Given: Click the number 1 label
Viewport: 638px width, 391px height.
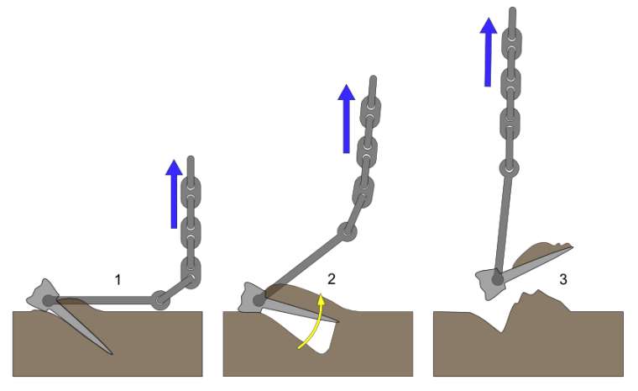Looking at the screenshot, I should pos(118,278).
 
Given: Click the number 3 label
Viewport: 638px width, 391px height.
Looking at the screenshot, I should pos(562,277).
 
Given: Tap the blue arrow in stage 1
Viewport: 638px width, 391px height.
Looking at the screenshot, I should pos(174,195).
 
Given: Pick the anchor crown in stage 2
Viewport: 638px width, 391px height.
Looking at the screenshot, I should pos(253,297).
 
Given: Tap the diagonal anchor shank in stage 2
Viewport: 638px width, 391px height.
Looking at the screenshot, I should pos(302,262).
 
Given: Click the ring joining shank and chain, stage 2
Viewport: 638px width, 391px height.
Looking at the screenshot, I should pos(347,230).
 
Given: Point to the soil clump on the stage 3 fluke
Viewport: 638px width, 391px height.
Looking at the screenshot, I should pos(541,252).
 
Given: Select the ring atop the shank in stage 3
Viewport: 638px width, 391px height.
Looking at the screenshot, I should pos(508,167).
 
